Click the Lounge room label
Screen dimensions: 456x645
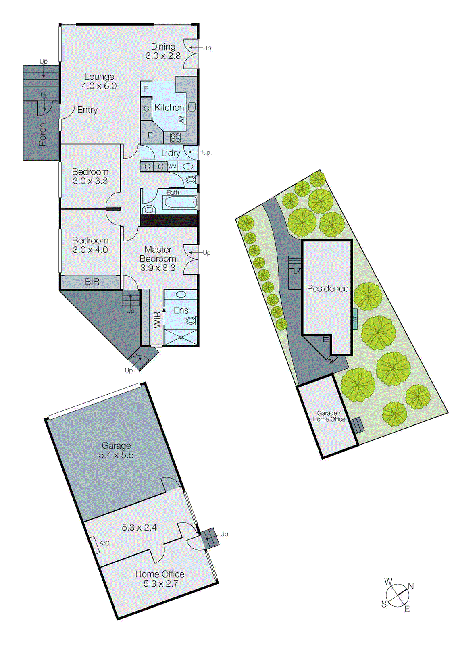(99, 77)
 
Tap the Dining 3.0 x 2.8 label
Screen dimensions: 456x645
(163, 51)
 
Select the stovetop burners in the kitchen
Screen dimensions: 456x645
(175, 137)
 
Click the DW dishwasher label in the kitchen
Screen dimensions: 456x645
(181, 121)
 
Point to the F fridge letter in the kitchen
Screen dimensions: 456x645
(146, 89)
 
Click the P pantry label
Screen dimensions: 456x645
(150, 135)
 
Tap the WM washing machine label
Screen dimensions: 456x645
(172, 166)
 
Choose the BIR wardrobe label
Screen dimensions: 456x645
(92, 282)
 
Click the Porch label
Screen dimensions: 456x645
(42, 134)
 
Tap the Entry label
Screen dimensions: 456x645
(87, 110)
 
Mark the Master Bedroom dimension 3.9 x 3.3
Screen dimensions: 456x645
(158, 268)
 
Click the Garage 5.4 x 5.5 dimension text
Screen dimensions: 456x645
(116, 455)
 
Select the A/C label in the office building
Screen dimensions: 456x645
(104, 543)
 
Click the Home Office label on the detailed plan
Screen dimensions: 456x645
(160, 574)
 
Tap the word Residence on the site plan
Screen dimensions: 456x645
(327, 288)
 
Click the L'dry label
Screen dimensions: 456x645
(171, 153)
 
